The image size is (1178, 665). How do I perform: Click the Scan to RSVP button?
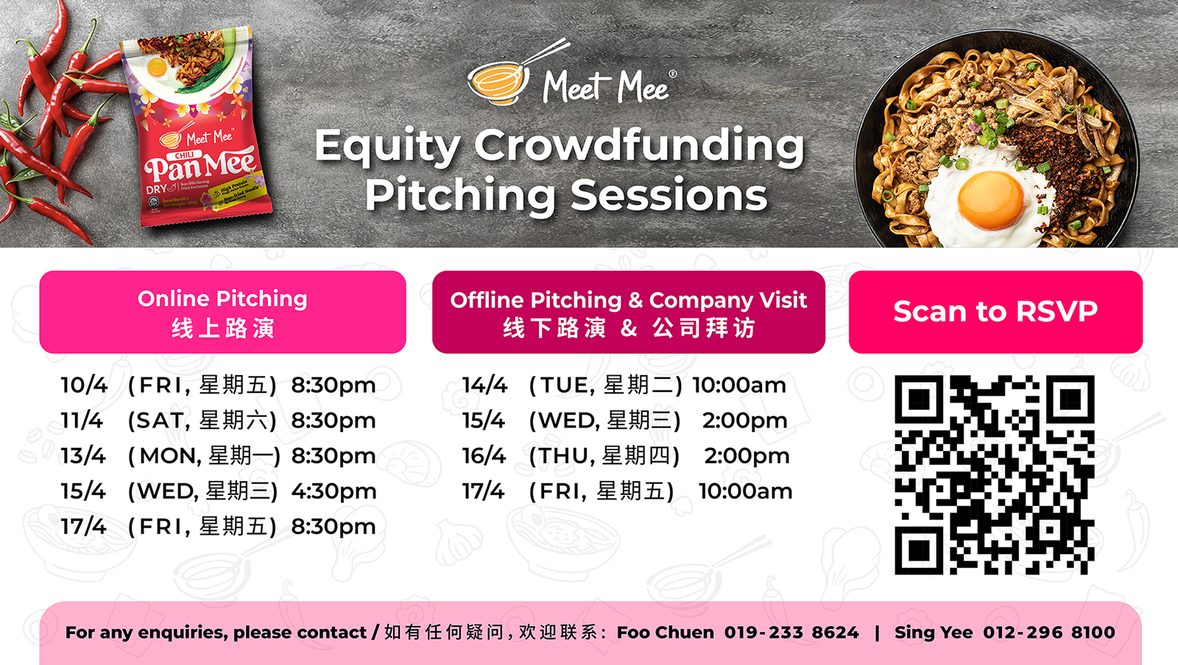click(x=995, y=312)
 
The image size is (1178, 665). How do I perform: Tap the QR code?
click(x=994, y=474)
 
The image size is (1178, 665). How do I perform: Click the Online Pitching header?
click(x=222, y=312)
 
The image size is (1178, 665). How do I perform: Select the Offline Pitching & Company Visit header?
click(x=628, y=312)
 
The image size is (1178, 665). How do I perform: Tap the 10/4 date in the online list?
click(x=84, y=385)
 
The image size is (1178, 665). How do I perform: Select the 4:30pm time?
click(x=334, y=491)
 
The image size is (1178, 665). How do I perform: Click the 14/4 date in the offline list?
click(x=484, y=385)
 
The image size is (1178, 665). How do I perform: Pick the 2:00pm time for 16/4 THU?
click(x=747, y=455)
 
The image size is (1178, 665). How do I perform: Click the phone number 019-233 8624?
click(x=791, y=633)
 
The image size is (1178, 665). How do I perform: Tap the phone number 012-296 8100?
click(x=1048, y=633)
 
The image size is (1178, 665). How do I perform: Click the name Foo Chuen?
click(x=665, y=633)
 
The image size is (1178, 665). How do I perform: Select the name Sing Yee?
click(x=933, y=633)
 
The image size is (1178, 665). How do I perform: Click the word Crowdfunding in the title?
click(x=639, y=145)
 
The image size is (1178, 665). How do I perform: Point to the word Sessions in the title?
click(x=669, y=196)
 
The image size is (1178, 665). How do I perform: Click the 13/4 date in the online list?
click(x=83, y=455)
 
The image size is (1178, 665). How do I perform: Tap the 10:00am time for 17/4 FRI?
click(x=745, y=491)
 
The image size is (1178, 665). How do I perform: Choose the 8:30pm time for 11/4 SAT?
click(x=334, y=420)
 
